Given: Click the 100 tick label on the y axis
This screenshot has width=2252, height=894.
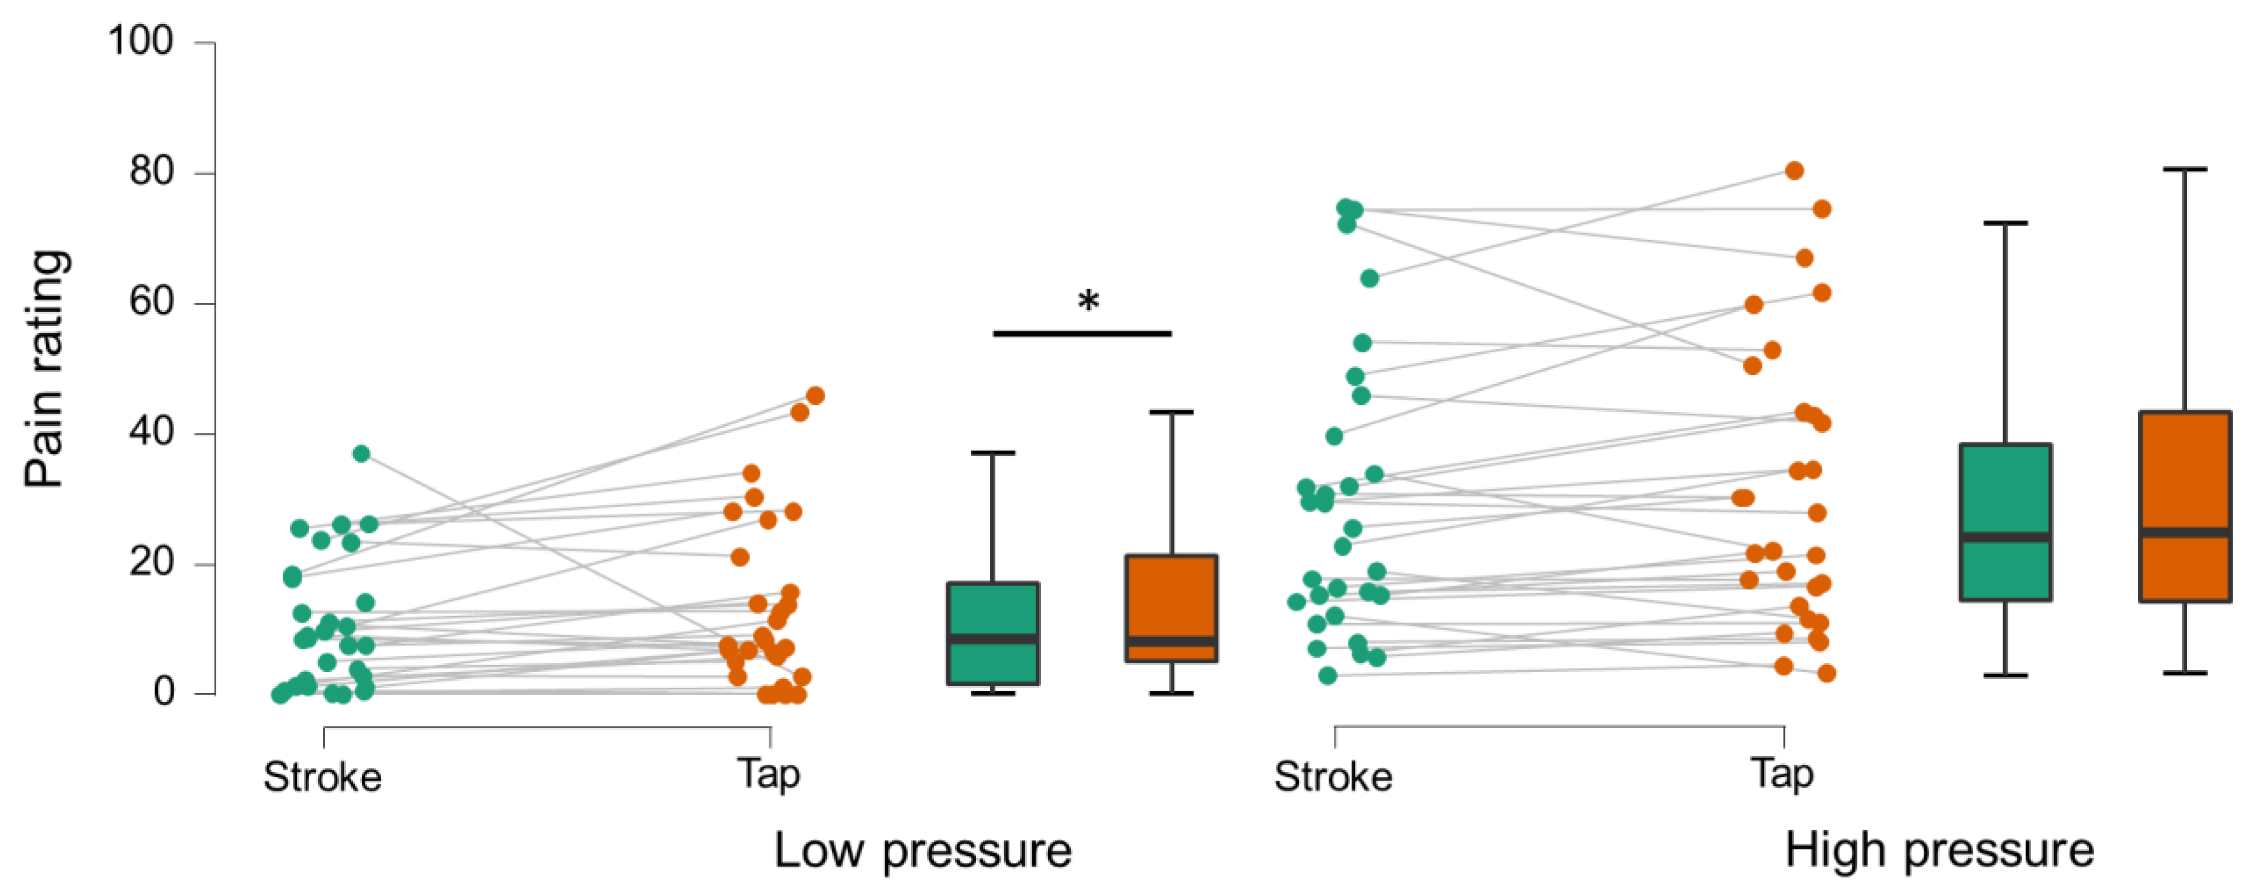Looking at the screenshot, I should (140, 41).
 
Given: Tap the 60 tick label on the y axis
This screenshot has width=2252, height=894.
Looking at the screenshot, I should (151, 302).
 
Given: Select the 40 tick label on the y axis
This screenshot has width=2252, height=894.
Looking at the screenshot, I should (151, 432).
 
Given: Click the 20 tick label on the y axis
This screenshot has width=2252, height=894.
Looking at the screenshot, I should (151, 562).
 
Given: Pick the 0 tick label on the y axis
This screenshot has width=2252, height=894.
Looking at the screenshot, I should (164, 692).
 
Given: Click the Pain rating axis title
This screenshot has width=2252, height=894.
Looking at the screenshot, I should (46, 369).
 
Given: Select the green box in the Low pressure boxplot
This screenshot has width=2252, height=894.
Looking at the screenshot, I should (993, 633).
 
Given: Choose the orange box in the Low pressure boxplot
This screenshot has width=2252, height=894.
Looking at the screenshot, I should (1171, 608).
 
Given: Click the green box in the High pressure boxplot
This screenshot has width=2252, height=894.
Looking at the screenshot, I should (2005, 522).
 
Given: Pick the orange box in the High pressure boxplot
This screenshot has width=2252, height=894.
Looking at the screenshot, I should (2185, 507).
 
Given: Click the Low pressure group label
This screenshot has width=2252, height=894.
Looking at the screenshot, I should (922, 850).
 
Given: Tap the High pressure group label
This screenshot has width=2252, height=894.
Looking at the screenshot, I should (1939, 850).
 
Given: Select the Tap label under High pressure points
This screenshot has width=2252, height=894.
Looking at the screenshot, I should (1781, 774).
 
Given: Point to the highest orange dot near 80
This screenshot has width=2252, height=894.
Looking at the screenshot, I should (1794, 171).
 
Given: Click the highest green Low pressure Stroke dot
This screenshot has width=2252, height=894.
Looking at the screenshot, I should (361, 453).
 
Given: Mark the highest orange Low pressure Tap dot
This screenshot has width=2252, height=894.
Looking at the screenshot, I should (815, 396).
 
